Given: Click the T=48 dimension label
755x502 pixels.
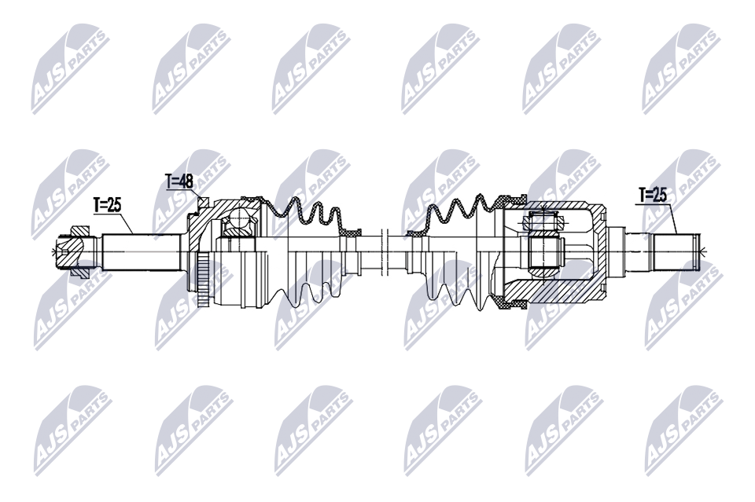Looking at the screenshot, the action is click(x=179, y=181).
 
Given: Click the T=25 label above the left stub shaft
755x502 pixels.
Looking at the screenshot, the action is click(x=107, y=205).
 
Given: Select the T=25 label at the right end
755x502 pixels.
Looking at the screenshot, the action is click(x=653, y=195).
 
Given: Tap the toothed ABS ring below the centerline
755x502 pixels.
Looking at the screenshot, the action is click(x=203, y=280).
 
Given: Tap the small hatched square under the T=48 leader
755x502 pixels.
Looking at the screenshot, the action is click(x=203, y=202).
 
